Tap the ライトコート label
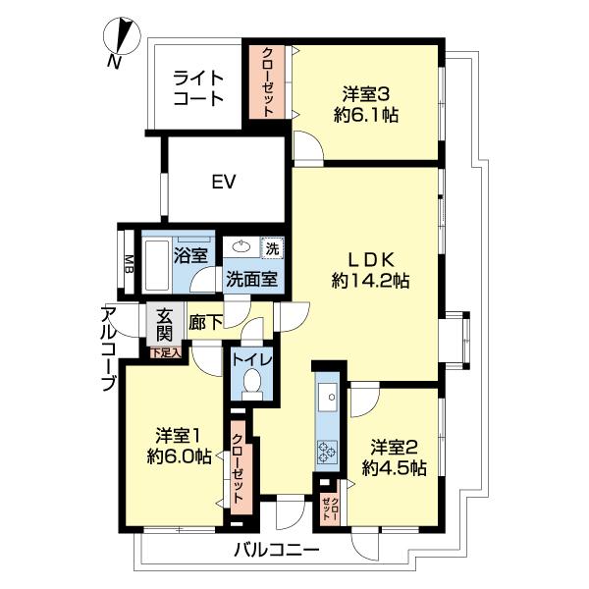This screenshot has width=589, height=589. pos(198,88)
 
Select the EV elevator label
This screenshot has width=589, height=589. pos(224,182)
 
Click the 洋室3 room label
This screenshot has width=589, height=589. pos(366,93)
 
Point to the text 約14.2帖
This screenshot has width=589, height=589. pos(370,280)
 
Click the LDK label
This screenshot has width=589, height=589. pos(371,259)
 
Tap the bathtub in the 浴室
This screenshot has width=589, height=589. pos(157,265)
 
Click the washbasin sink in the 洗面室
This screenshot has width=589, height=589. pos(241,246)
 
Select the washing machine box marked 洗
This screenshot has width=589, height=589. pos(272,247)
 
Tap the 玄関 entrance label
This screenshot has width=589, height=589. pos(164,324)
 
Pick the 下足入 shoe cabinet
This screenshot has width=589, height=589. pos(166,352)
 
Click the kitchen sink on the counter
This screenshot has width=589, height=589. pos(328,397)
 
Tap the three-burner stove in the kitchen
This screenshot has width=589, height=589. pos(328,452)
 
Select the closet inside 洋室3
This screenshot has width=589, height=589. pos(267,81)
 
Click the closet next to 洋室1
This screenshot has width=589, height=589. pos(241,468)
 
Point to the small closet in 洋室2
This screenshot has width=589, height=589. pos(331,509)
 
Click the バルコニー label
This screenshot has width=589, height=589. pos(277,551)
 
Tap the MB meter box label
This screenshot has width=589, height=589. pos(129,264)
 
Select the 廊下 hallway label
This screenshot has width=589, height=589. pos(205,322)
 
